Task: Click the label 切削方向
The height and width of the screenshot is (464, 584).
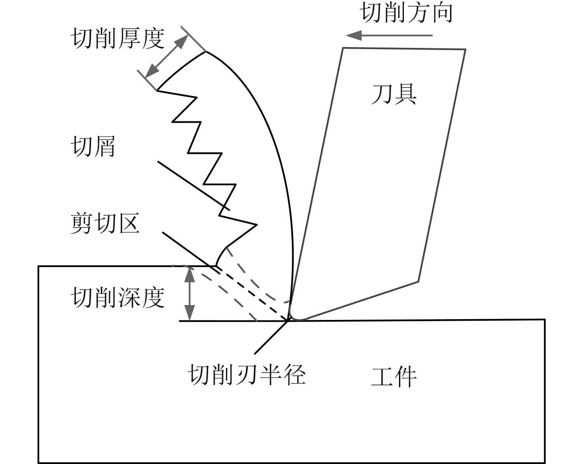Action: pos(407,13)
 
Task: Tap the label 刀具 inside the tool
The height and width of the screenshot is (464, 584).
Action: pos(394,94)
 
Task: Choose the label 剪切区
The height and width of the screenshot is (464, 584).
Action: pos(105,223)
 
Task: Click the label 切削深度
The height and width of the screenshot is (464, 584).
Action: pos(117,298)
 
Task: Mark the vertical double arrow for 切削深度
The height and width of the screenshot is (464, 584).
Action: pos(189,294)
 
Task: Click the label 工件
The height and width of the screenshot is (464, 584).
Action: pos(394,376)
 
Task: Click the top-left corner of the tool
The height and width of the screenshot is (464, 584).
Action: pos(343,48)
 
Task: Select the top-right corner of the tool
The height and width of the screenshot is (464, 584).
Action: pos(465,50)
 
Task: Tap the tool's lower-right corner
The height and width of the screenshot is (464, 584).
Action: pos(418,282)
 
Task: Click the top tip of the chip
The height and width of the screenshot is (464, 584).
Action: pos(205,52)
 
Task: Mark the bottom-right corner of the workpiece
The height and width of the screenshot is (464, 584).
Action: pos(545,462)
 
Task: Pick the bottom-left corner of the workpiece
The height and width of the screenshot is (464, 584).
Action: pos(39,462)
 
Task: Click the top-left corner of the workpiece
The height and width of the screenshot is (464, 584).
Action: pos(39,266)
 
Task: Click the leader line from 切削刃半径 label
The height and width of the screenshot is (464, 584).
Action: pos(270,338)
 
